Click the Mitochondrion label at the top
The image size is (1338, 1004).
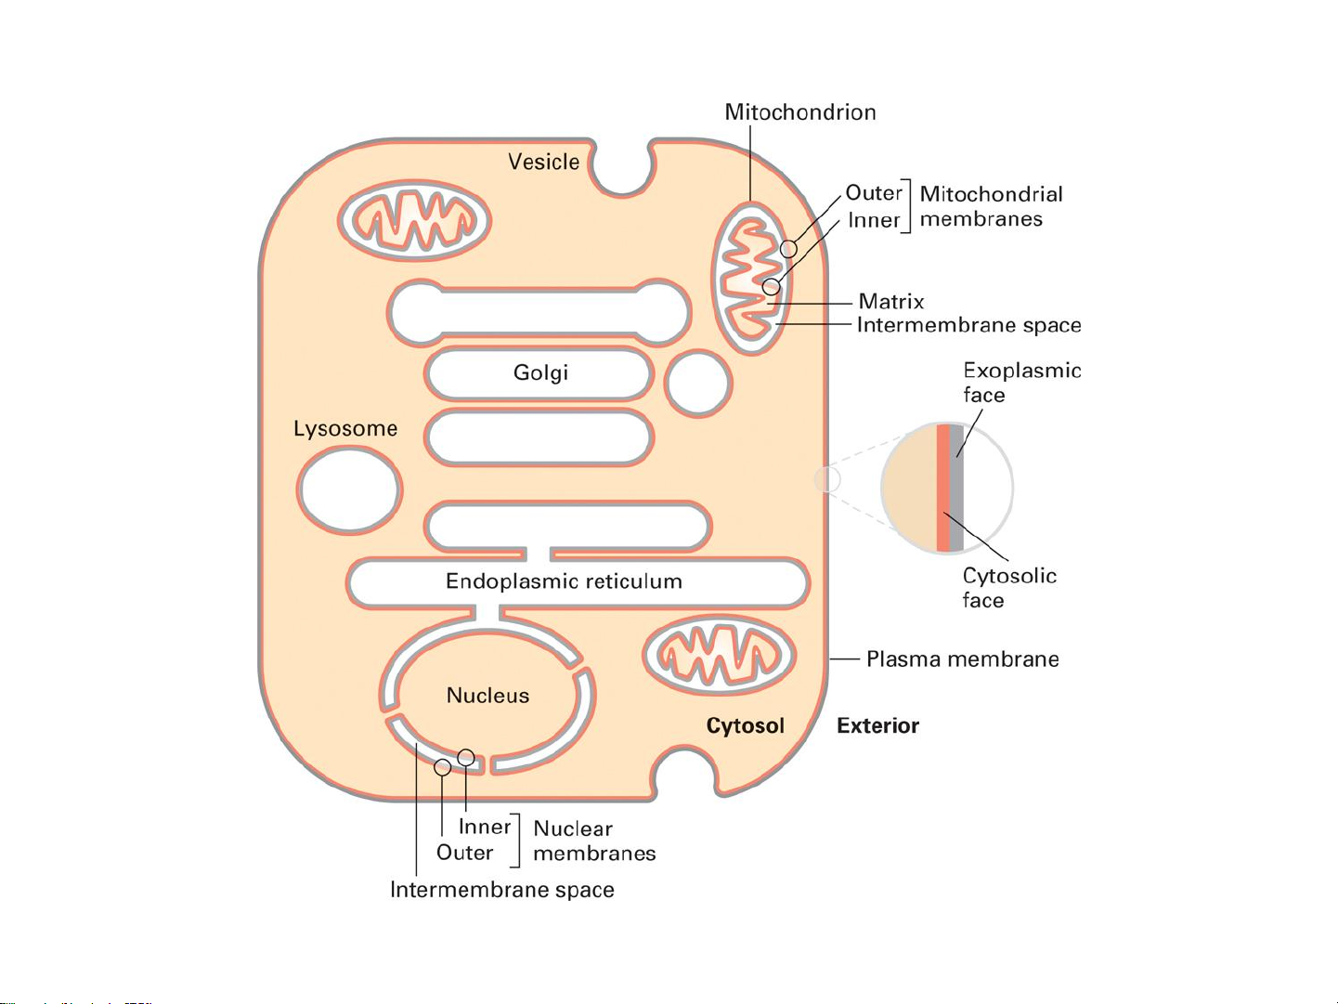(x=799, y=112)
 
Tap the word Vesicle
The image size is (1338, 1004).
(x=544, y=163)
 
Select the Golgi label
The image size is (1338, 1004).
(x=540, y=372)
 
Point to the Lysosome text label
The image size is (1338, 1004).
(x=345, y=429)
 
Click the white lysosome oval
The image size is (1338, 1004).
(x=349, y=489)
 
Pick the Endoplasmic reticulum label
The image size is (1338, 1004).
(x=564, y=581)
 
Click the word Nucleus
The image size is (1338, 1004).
(x=487, y=696)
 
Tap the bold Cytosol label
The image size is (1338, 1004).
(x=745, y=726)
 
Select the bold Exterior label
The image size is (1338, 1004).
(x=877, y=726)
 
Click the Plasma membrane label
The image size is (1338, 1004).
(x=963, y=659)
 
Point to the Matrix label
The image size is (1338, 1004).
(x=891, y=302)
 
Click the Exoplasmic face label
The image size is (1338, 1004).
(x=1022, y=383)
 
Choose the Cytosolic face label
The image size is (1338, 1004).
(x=1009, y=588)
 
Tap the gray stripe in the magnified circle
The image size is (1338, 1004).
(x=956, y=488)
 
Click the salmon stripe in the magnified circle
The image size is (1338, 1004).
(x=943, y=488)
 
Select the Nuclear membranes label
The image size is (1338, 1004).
(x=594, y=841)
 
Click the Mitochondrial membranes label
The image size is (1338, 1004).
(x=991, y=207)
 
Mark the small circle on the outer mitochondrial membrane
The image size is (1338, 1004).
(x=789, y=249)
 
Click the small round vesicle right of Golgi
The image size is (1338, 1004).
(x=698, y=384)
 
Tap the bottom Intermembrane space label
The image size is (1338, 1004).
(x=501, y=890)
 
